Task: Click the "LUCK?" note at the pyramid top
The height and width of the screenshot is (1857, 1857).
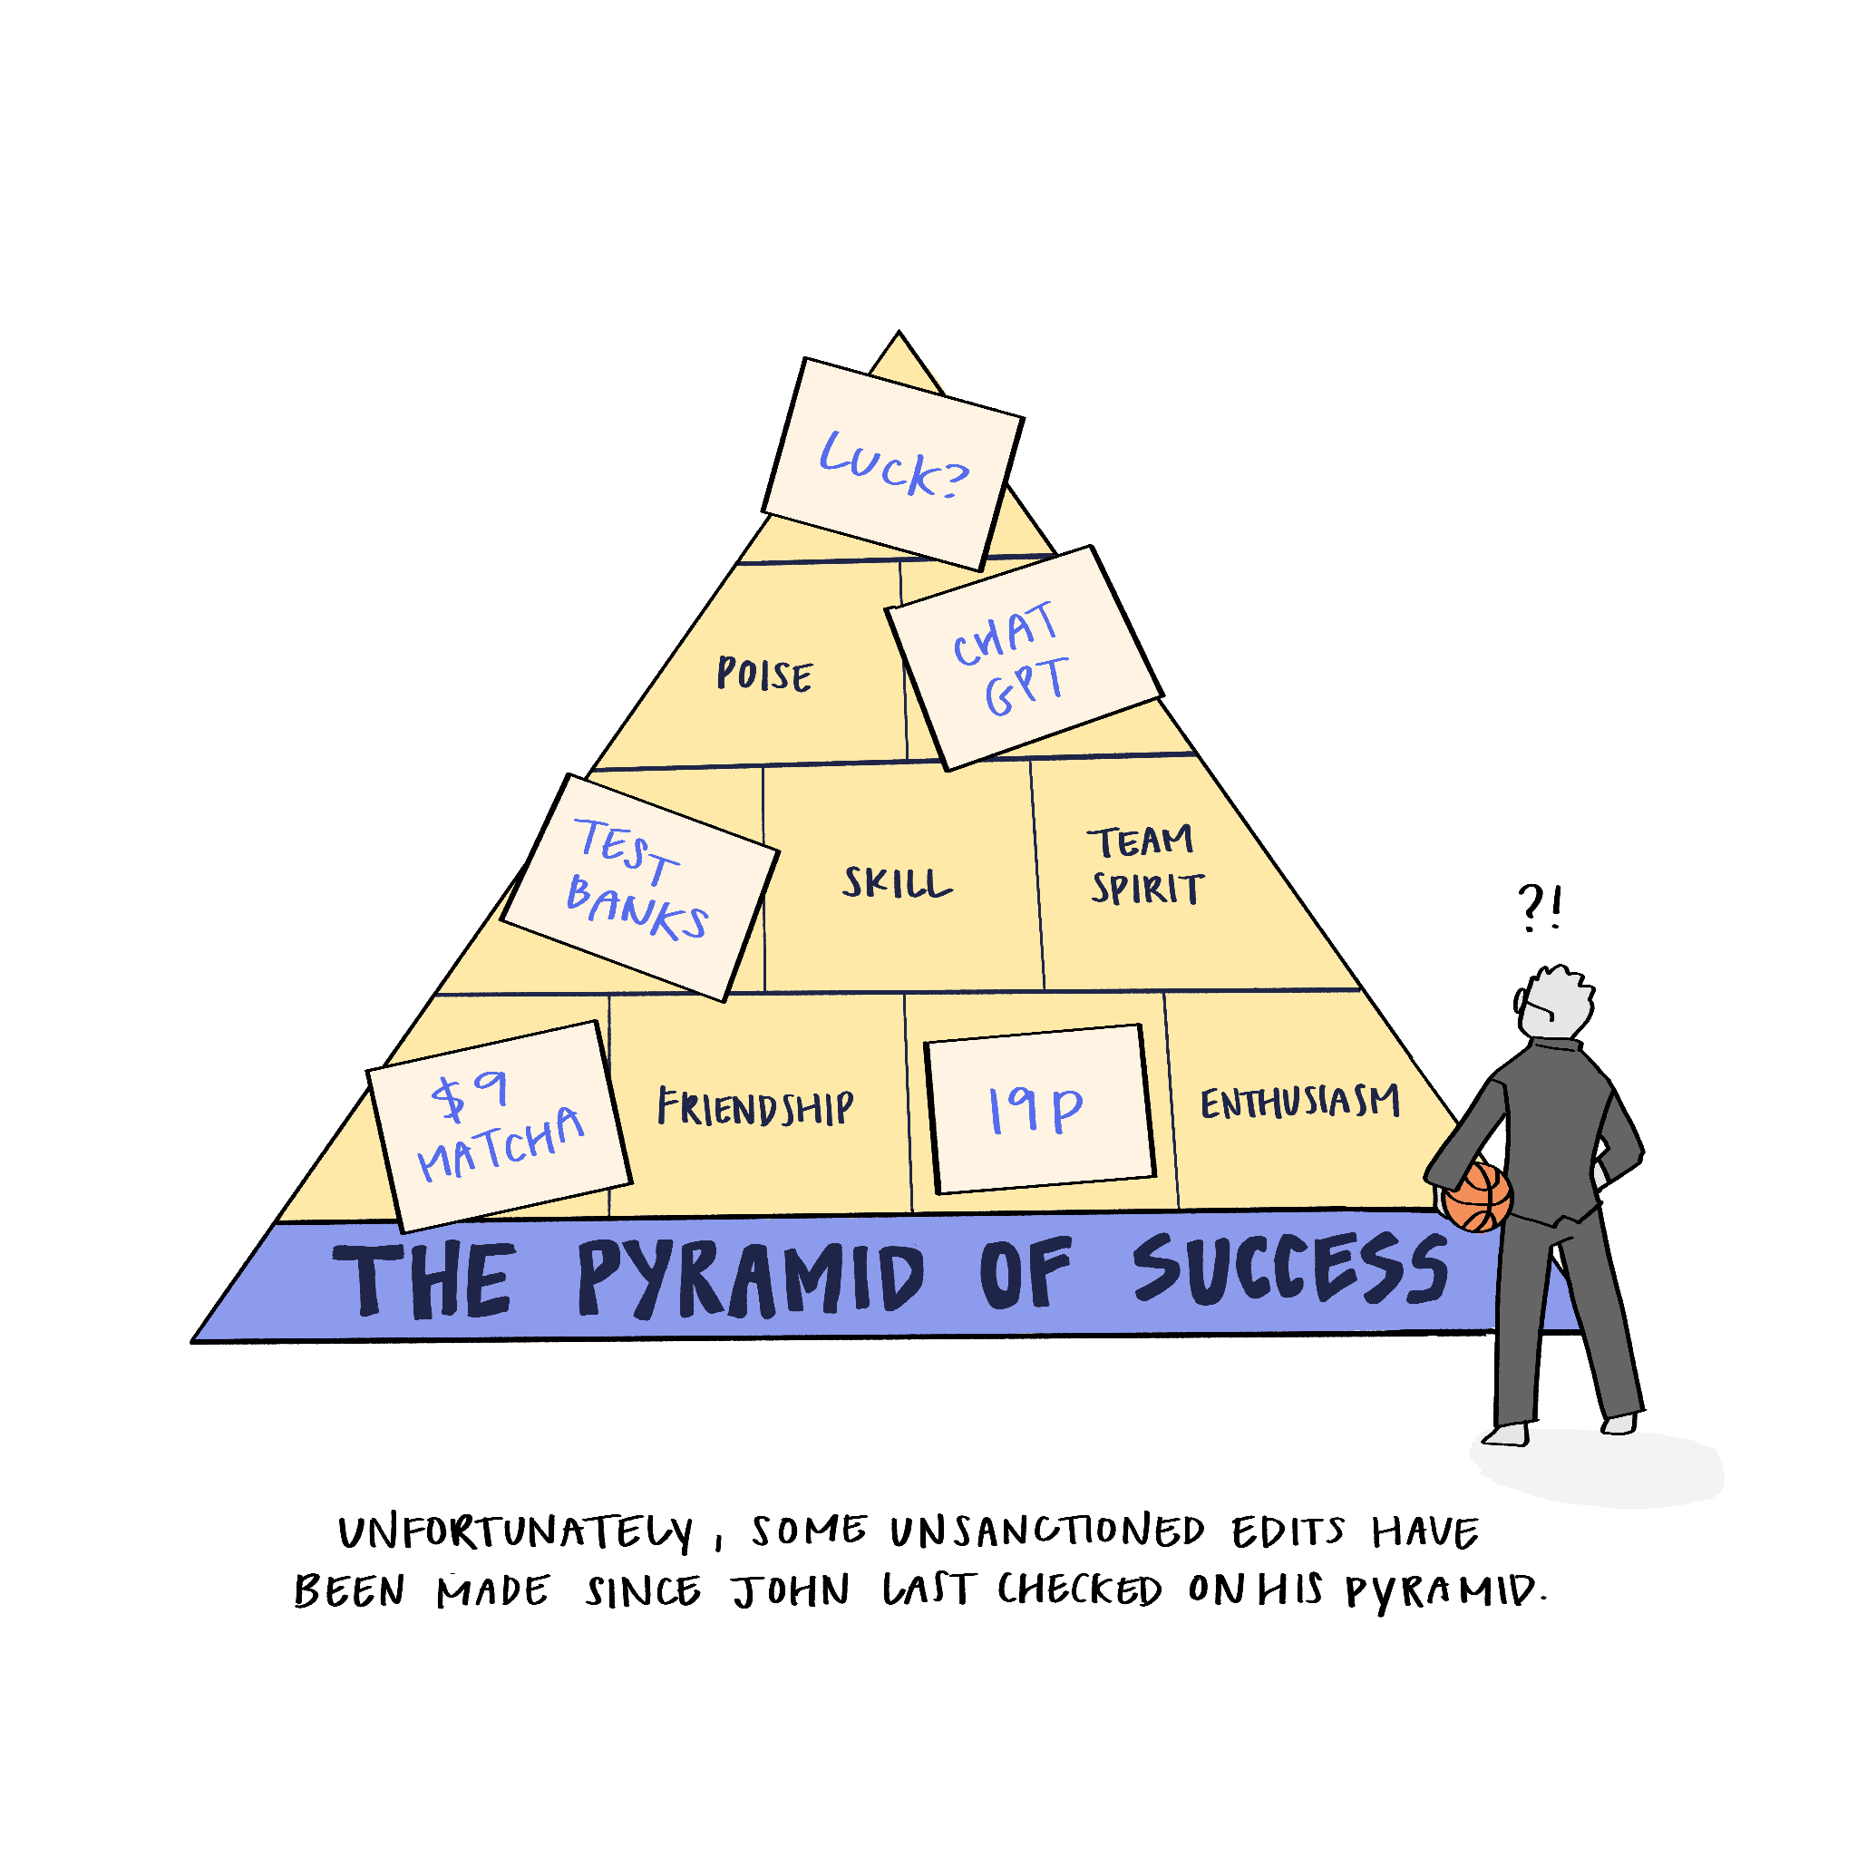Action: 893,464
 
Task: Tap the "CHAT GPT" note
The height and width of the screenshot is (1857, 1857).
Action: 1025,658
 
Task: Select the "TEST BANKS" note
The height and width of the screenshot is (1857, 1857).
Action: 640,887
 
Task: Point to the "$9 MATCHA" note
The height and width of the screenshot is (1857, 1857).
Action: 500,1126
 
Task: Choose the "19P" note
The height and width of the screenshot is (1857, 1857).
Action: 1040,1109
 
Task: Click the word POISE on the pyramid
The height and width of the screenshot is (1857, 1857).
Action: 765,674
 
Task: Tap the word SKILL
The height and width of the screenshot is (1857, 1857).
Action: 897,882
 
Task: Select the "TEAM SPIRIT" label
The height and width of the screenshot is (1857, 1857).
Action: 1145,865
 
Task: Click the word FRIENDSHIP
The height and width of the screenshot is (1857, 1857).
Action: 755,1107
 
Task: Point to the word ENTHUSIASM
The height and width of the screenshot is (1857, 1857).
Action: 1299,1102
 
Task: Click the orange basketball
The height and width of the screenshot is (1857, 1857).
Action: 1477,1198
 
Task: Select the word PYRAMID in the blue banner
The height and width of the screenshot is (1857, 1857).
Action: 751,1279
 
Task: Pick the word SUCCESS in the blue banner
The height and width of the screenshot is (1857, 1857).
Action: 1291,1269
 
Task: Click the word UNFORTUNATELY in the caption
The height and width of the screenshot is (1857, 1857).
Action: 516,1532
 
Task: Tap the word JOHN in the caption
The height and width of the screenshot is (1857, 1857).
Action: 791,1591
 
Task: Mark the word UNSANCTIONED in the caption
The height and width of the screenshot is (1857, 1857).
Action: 1046,1531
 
